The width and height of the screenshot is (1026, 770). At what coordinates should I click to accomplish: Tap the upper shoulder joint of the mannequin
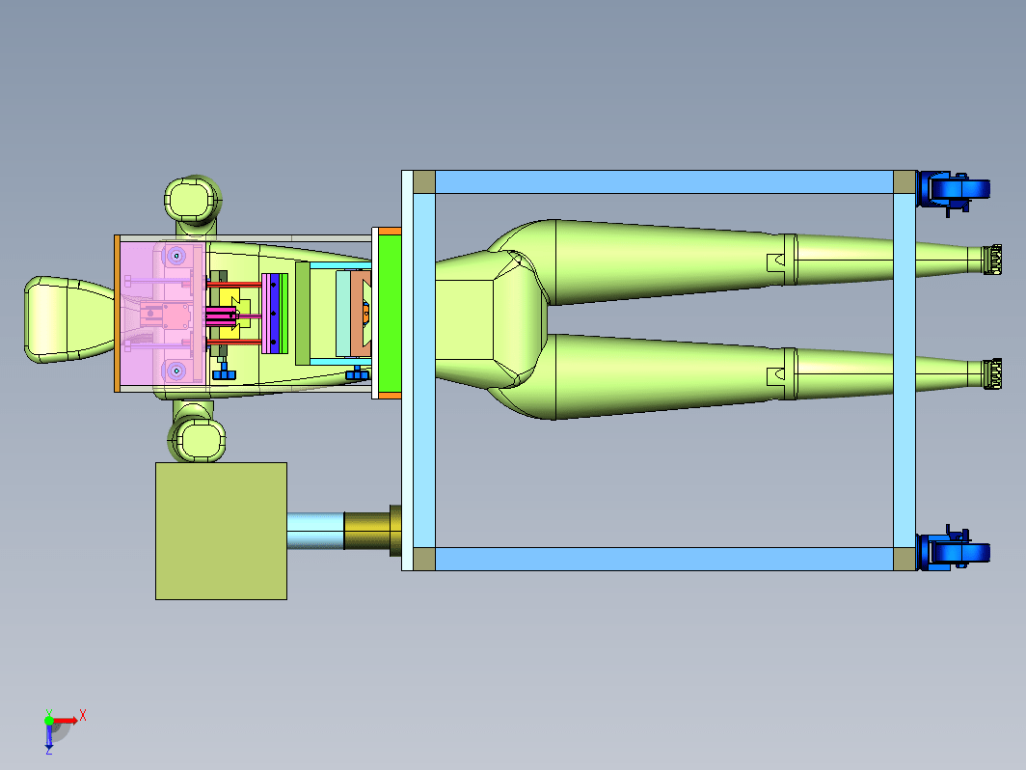click(x=193, y=199)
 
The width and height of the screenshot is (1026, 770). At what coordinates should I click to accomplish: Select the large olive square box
click(x=221, y=531)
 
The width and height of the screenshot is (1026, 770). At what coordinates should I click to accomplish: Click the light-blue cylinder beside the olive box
click(x=315, y=531)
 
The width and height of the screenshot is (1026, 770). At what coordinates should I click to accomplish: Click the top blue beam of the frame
click(x=664, y=182)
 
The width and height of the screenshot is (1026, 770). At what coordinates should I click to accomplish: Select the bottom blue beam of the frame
click(x=664, y=560)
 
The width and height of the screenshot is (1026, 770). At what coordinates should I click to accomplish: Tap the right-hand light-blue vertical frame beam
click(x=904, y=371)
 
